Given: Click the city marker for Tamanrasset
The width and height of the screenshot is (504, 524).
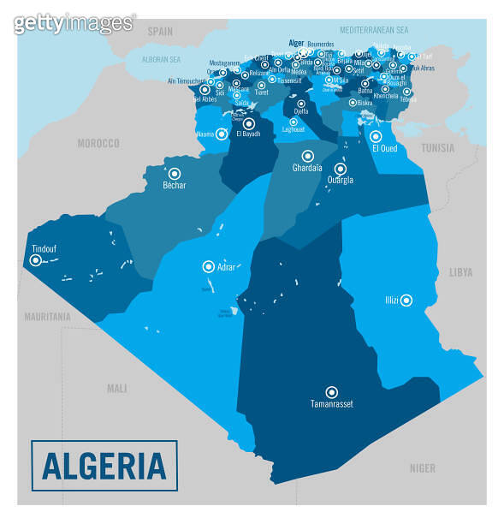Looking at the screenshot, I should click(331, 391).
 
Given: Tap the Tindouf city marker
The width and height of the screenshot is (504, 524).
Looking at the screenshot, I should click(35, 261).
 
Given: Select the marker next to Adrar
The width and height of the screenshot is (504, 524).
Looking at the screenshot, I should click(207, 267).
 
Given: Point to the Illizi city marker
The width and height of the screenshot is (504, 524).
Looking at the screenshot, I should click(406, 300).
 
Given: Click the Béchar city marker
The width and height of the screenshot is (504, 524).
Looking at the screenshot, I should click(175, 172).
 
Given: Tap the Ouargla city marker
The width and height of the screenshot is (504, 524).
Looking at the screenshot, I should click(340, 169).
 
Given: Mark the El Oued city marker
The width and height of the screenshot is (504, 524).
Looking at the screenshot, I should click(375, 136).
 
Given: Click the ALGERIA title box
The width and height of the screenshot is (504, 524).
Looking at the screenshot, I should click(104, 466).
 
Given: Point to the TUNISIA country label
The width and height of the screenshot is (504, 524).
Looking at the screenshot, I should click(437, 147).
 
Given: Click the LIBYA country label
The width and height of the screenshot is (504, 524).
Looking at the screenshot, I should click(460, 272).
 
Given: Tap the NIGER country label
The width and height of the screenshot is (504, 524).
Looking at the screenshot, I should click(422, 468).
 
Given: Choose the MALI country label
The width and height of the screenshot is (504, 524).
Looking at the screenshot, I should click(116, 388).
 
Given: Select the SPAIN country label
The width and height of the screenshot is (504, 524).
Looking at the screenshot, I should click(160, 30).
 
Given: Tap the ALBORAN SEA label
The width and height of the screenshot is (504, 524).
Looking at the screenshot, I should click(162, 60).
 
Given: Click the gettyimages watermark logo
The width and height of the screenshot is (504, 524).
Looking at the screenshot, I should click(74, 23).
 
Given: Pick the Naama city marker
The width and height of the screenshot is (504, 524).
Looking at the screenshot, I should click(222, 134).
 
